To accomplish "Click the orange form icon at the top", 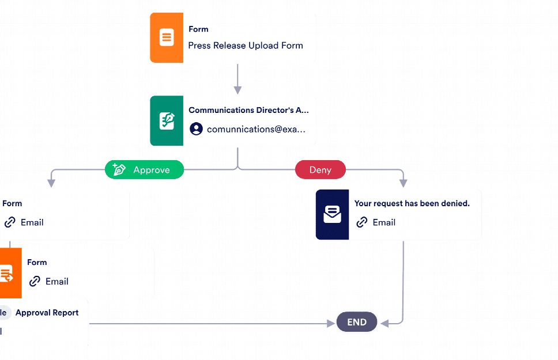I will tap(167, 37).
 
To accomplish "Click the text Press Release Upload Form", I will tap(246, 46).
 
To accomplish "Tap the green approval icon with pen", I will tap(167, 121).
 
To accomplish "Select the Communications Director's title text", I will tap(248, 110).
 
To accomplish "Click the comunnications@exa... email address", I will tap(256, 129).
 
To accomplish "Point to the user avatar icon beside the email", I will tap(197, 129).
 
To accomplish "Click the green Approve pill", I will tap(144, 170).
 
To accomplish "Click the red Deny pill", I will tap(321, 170).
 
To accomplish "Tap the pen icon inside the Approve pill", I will tap(119, 170).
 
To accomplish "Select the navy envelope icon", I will tap(332, 215).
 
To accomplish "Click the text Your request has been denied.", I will tap(412, 203).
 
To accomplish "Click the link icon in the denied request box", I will tap(362, 222).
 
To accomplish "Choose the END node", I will tap(357, 323).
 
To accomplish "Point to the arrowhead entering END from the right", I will tap(384, 323).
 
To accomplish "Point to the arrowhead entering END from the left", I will tap(330, 323).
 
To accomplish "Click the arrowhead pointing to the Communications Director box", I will tap(237, 90).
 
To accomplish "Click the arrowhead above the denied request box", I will tap(403, 183).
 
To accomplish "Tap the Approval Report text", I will tap(47, 313).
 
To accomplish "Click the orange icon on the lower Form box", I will tap(7, 274).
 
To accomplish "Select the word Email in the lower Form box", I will tap(57, 281).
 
